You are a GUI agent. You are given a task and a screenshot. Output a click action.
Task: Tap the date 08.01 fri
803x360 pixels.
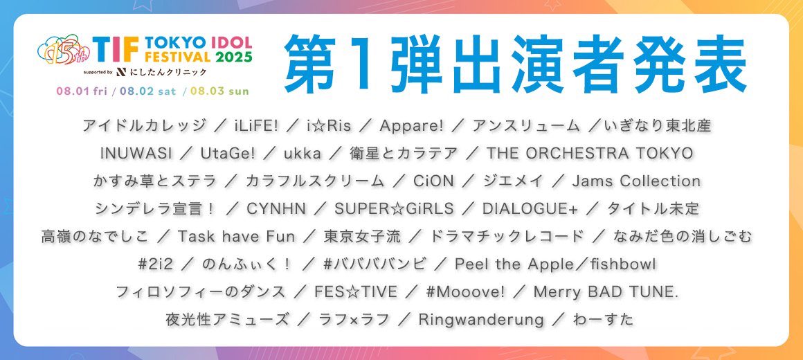pyautogui.click(x=82, y=91)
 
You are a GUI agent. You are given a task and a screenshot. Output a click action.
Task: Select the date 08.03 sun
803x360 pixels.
pyautogui.click(x=219, y=91)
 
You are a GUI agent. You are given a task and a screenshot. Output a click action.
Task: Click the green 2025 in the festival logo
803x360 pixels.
pyautogui.click(x=233, y=57)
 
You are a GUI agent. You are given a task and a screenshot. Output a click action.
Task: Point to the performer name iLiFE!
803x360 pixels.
pyautogui.click(x=249, y=125)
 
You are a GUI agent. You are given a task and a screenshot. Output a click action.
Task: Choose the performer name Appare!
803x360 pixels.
pyautogui.click(x=412, y=125)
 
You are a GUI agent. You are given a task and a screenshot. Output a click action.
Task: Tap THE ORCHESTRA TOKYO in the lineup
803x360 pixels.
pyautogui.click(x=590, y=153)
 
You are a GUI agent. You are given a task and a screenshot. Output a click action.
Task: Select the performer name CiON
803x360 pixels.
pyautogui.click(x=433, y=181)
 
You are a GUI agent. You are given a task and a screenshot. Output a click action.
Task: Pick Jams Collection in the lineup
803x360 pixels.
pyautogui.click(x=636, y=181)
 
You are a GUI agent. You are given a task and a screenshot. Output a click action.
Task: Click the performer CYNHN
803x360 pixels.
pyautogui.click(x=276, y=208)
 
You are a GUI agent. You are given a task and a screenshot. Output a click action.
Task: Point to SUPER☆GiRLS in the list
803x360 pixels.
pyautogui.click(x=394, y=208)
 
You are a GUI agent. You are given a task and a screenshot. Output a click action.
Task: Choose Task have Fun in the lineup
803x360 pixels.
pyautogui.click(x=236, y=236)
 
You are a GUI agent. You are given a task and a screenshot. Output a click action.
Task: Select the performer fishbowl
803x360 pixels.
pyautogui.click(x=623, y=264)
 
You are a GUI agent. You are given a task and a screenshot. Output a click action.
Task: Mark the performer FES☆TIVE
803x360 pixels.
pyautogui.click(x=355, y=292)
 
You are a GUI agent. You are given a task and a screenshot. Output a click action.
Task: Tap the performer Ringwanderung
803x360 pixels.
pyautogui.click(x=481, y=320)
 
